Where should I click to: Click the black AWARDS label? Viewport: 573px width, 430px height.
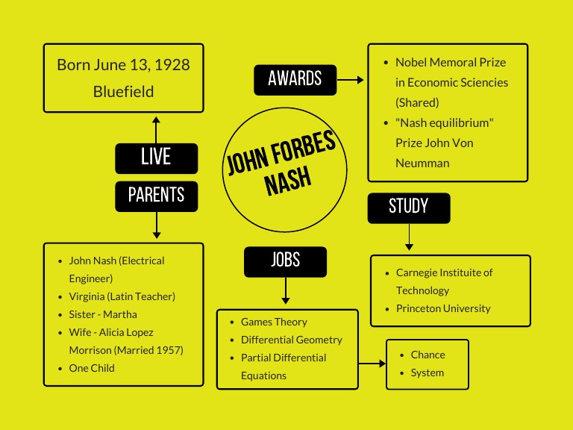pos(295,79)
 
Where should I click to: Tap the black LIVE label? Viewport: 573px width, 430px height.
pos(156,158)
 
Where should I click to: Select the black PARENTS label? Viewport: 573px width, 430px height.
pos(156,196)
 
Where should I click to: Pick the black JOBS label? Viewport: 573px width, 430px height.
pos(285,261)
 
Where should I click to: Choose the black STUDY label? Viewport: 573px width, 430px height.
pos(408,208)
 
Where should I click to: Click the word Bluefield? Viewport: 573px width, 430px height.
pos(124,92)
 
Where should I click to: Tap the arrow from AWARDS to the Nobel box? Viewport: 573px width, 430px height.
pos(350,79)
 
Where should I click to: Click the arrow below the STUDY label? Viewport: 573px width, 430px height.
pos(408,237)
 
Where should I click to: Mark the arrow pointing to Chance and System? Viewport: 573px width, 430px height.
pos(372,364)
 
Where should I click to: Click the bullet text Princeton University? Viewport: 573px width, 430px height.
pos(443,308)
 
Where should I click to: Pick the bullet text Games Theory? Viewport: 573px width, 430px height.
pos(274,322)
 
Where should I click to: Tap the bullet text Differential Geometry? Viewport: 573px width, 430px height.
pos(291,340)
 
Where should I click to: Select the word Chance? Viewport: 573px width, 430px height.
pos(428,355)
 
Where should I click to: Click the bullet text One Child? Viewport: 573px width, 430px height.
pos(92,368)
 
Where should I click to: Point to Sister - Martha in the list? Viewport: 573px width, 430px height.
pos(103,314)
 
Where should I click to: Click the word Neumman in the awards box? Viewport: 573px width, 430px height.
pos(422,163)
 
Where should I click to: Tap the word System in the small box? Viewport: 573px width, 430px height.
pos(427,373)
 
